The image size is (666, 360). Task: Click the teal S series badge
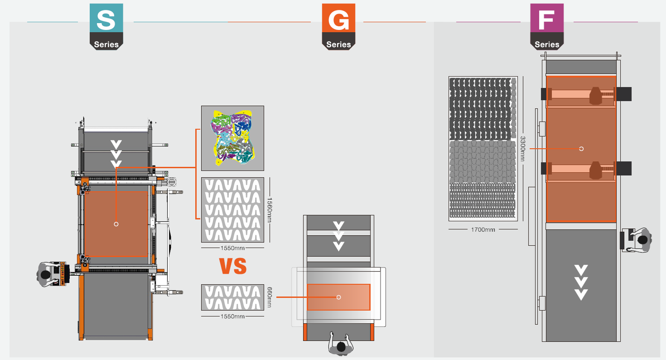(106, 26)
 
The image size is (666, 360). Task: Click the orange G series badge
(338, 26)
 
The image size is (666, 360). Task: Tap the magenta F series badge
(547, 26)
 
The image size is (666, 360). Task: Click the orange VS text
(233, 266)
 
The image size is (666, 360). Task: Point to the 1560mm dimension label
(270, 210)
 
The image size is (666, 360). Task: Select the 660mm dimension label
(269, 297)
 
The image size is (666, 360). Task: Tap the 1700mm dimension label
(483, 229)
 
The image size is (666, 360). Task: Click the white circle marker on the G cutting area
(338, 297)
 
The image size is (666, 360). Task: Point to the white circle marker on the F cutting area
(581, 149)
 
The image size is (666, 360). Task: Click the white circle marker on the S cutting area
(116, 224)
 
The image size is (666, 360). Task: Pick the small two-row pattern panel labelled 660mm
(232, 297)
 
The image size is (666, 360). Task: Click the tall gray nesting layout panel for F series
(483, 148)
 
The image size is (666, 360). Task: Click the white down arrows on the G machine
(338, 236)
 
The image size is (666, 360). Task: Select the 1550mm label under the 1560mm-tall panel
(232, 248)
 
